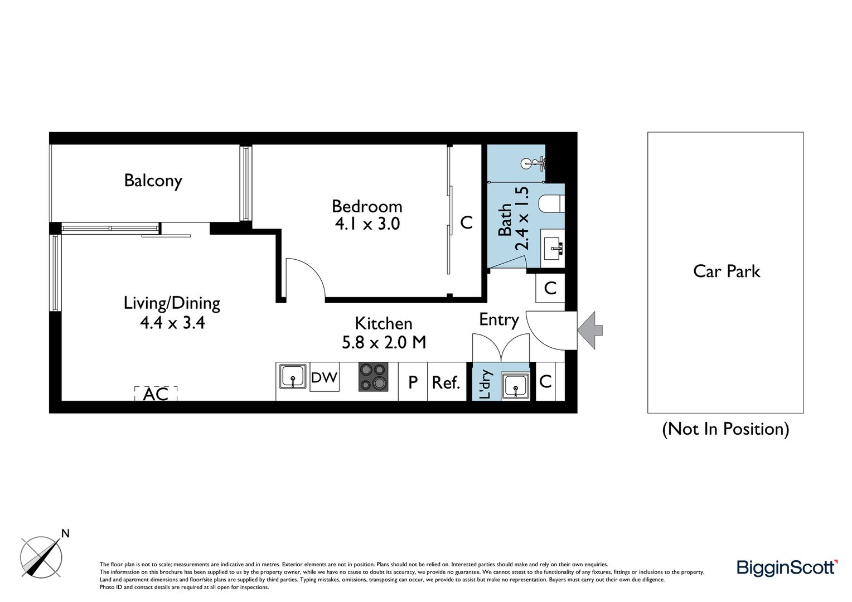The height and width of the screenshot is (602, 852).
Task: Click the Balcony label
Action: (153, 181)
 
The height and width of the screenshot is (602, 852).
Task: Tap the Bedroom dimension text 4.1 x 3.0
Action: (367, 224)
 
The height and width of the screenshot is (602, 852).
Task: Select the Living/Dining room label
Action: (172, 303)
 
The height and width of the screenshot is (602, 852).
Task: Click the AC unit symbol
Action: (156, 394)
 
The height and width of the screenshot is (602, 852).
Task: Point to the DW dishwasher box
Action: (325, 377)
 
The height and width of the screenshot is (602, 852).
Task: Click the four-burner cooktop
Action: (374, 377)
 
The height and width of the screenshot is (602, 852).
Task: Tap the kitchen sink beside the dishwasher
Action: (293, 376)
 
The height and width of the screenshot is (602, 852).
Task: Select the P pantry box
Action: (413, 382)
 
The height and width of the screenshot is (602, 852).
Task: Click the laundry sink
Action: (515, 386)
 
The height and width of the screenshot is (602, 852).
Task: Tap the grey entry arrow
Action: (590, 330)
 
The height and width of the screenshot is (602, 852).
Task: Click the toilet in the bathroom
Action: (551, 203)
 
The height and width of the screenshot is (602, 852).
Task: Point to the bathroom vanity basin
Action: (553, 248)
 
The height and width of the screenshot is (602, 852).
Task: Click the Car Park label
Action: (727, 271)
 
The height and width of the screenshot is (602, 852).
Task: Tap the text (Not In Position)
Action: (726, 429)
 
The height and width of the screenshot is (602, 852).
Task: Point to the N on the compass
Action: (65, 533)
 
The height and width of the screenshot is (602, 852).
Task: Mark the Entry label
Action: (499, 320)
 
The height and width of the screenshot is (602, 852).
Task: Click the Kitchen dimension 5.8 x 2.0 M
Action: (384, 343)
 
